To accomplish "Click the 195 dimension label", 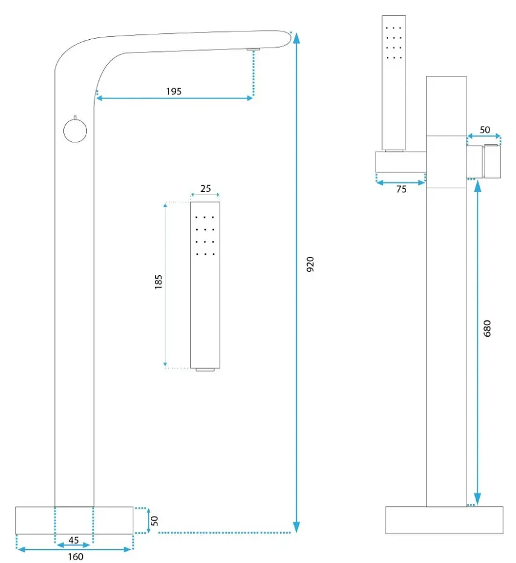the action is pyautogui.click(x=174, y=91).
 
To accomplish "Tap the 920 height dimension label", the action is pyautogui.click(x=310, y=264).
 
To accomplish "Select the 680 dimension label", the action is pyautogui.click(x=487, y=328).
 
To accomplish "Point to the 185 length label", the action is pyautogui.click(x=158, y=282).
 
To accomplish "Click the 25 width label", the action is pyautogui.click(x=205, y=188).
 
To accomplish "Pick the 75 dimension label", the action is pyautogui.click(x=401, y=189).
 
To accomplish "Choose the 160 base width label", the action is pyautogui.click(x=75, y=556).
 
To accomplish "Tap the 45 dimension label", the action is pyautogui.click(x=74, y=540).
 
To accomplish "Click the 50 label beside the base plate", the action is pyautogui.click(x=154, y=521).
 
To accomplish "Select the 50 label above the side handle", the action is pyautogui.click(x=485, y=130).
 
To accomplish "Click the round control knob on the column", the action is pyautogui.click(x=75, y=131).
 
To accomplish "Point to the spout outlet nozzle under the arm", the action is pyautogui.click(x=253, y=49).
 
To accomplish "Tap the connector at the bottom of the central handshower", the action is pyautogui.click(x=205, y=369).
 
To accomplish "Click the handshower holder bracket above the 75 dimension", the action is pyautogui.click(x=401, y=162).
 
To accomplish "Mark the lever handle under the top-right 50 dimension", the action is pyautogui.click(x=492, y=161).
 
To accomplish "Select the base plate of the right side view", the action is pyautogui.click(x=444, y=520).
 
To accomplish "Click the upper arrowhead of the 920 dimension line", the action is pyautogui.click(x=296, y=37).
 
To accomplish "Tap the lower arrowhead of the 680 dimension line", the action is pyautogui.click(x=477, y=498).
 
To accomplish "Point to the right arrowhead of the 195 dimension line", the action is pyautogui.click(x=250, y=98).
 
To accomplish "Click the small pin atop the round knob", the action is pyautogui.click(x=75, y=117).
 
